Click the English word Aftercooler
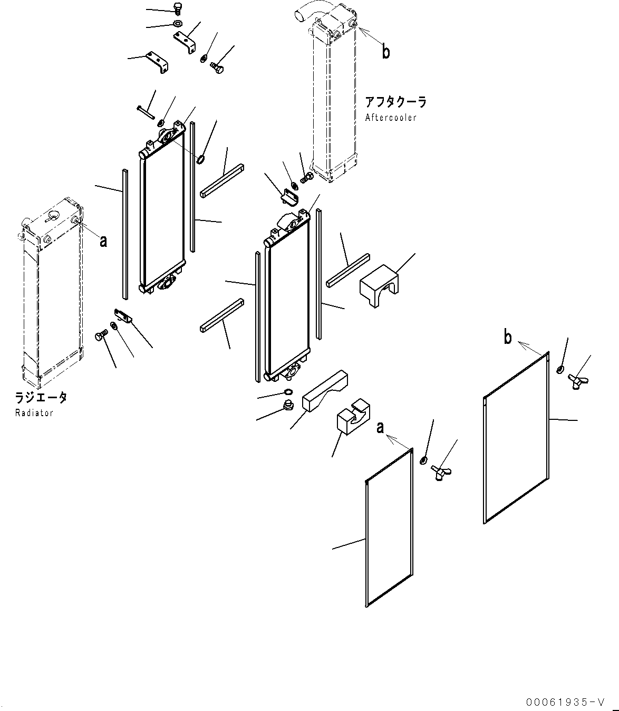[391, 118]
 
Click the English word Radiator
[34, 413]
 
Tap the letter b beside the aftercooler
[386, 52]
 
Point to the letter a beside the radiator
[103, 241]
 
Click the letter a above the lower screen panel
[380, 427]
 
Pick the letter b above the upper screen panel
[507, 337]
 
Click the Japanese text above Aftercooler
[395, 102]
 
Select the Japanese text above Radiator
[41, 398]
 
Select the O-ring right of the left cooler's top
[200, 159]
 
